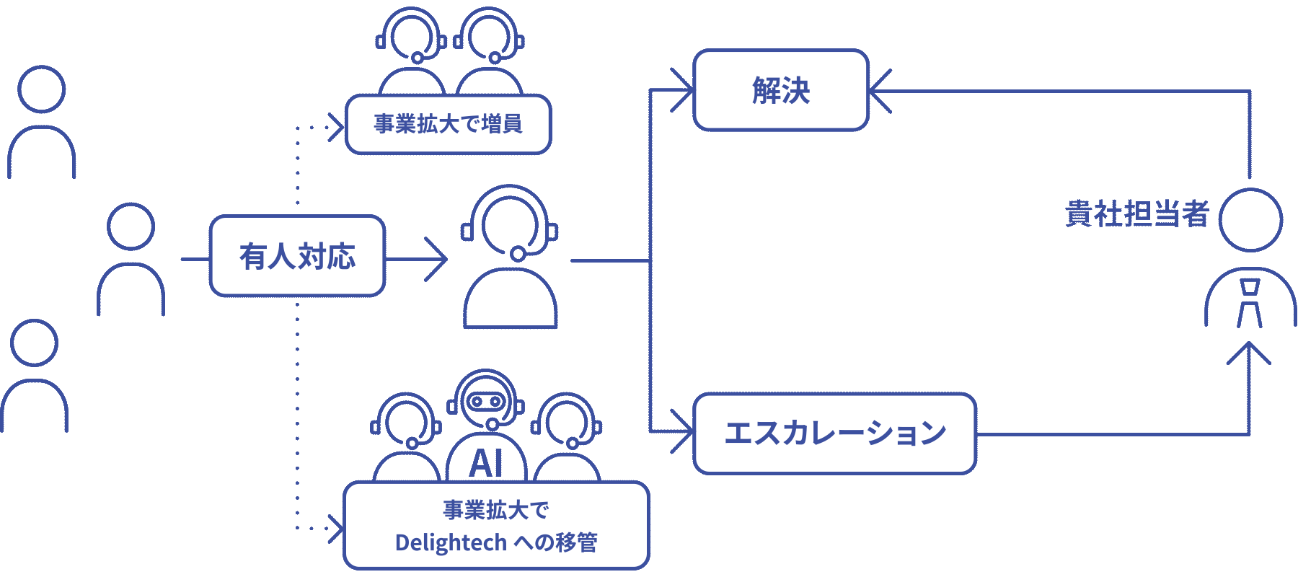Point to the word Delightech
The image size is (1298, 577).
[x=451, y=542]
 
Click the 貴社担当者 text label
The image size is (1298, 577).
[x=1136, y=214]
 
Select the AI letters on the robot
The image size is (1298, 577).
[x=486, y=463]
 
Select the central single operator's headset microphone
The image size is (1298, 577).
[x=518, y=253]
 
